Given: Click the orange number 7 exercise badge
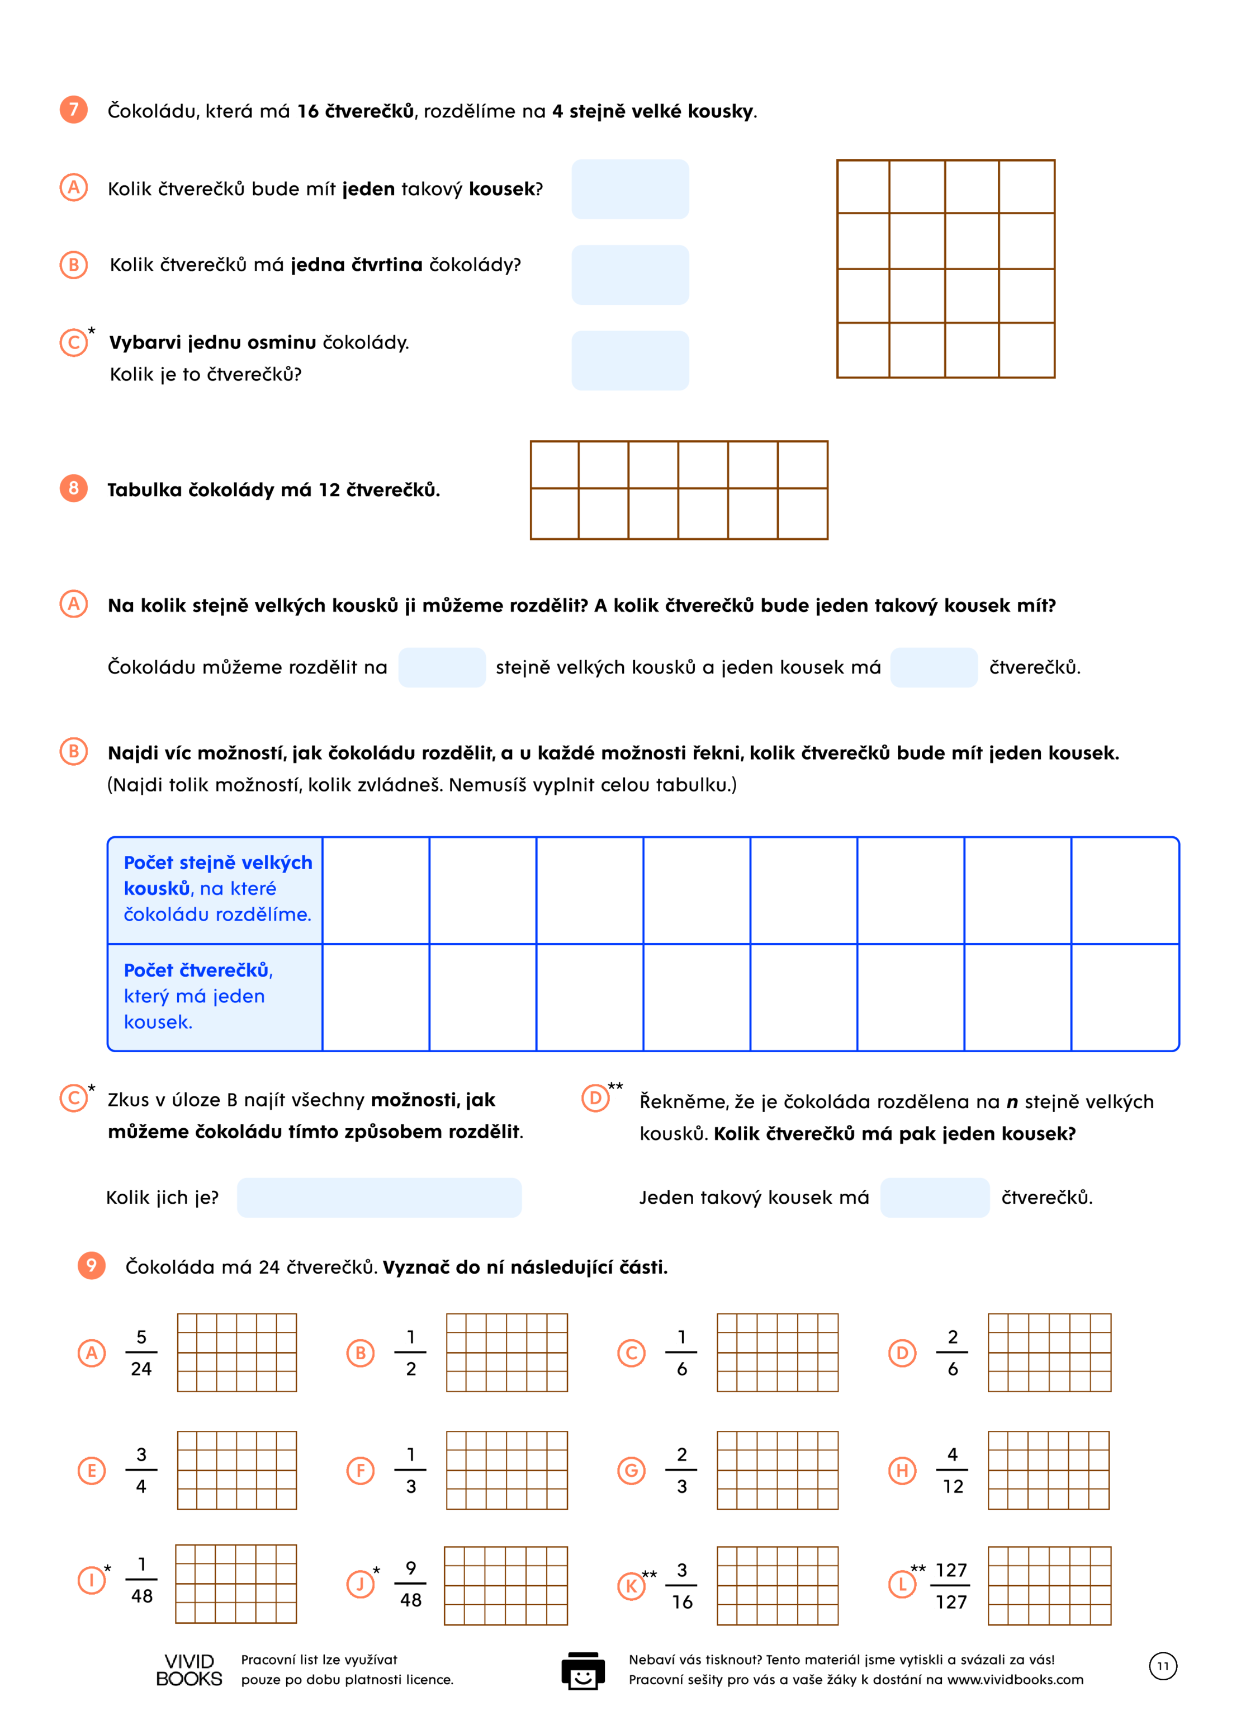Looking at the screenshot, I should tap(73, 109).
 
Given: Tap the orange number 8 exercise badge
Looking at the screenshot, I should tap(73, 488).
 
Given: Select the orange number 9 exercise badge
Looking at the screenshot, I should tap(91, 1265).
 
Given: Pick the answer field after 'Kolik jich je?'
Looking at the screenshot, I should tap(379, 1197).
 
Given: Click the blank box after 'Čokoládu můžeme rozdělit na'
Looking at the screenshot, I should tap(442, 667).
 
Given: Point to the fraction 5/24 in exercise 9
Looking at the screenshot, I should tap(141, 1353).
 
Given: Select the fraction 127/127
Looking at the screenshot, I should tap(951, 1586).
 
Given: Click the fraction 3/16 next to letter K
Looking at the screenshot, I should tap(681, 1586).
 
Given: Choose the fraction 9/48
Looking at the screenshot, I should tap(410, 1584).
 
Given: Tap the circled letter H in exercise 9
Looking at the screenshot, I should tap(902, 1470).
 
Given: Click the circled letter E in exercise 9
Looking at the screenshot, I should tap(92, 1470).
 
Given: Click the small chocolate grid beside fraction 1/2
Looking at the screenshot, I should tap(506, 1353).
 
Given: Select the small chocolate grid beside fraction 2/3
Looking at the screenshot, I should tap(777, 1470).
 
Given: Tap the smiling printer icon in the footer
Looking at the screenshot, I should tap(583, 1671).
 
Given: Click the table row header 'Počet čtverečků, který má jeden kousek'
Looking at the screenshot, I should tap(215, 997).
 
